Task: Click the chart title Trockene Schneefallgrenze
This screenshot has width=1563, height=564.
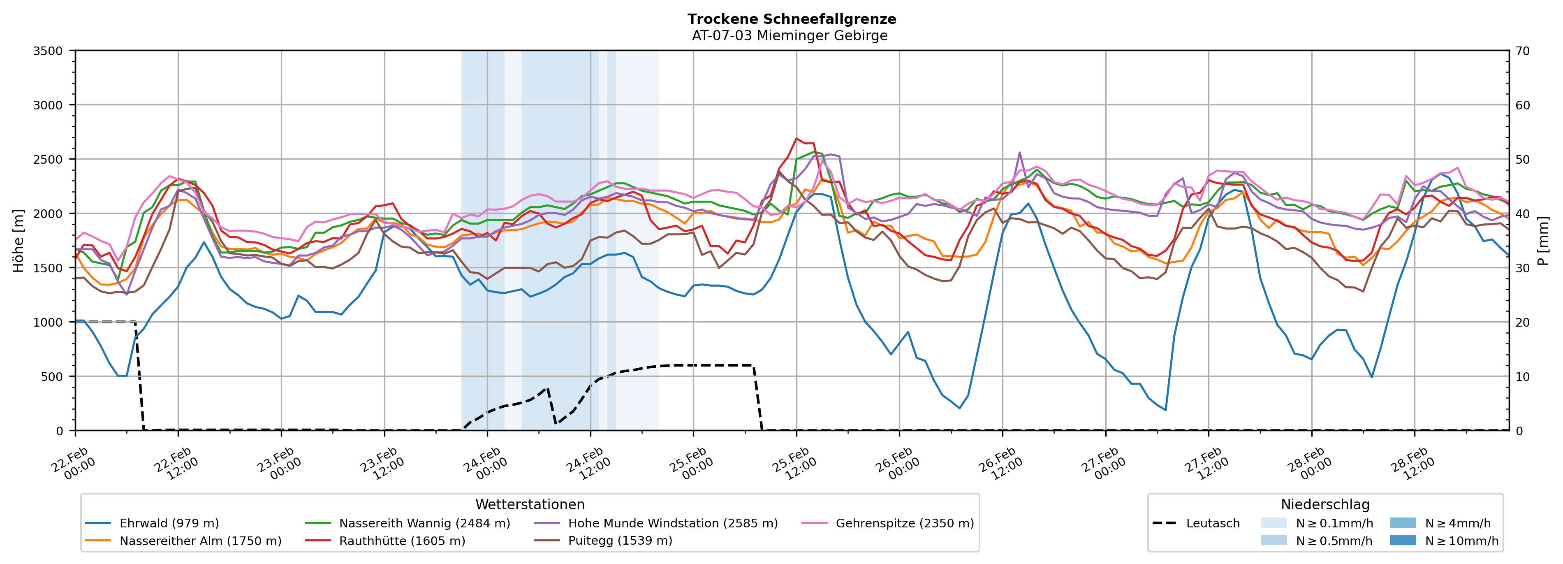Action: point(791,19)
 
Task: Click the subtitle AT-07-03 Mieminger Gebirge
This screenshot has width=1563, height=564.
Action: point(790,36)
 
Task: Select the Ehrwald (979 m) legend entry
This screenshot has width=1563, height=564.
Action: point(169,523)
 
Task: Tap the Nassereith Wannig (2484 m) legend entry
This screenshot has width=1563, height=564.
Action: point(424,523)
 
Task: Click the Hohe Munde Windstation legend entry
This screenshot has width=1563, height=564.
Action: point(672,523)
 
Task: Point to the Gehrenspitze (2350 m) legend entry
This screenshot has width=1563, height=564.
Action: point(904,523)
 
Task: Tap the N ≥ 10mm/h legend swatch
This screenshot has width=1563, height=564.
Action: point(1403,540)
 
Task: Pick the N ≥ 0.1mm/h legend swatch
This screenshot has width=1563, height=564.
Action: point(1274,523)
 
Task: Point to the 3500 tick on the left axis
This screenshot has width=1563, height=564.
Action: point(48,51)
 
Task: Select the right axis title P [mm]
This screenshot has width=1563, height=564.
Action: point(1544,240)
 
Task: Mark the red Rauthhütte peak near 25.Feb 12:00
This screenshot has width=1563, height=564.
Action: point(797,138)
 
